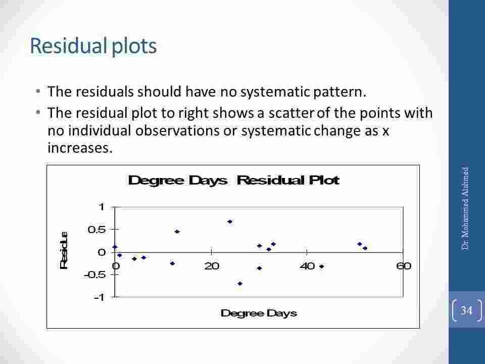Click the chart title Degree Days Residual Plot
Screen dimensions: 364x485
(x=233, y=180)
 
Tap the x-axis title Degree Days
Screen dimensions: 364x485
(x=259, y=313)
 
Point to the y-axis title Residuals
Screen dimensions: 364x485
(x=64, y=250)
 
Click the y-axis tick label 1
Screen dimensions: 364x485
(x=101, y=207)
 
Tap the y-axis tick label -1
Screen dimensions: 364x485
(x=99, y=297)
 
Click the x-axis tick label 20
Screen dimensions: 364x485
(x=211, y=266)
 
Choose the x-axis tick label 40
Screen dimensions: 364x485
(x=307, y=266)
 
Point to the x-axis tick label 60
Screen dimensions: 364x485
(x=403, y=266)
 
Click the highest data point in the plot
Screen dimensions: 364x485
(x=230, y=221)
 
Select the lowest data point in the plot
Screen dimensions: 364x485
(x=240, y=284)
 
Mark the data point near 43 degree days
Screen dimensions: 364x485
(x=321, y=266)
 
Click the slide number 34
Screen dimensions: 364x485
(x=466, y=310)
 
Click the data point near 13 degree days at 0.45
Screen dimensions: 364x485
(x=177, y=232)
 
